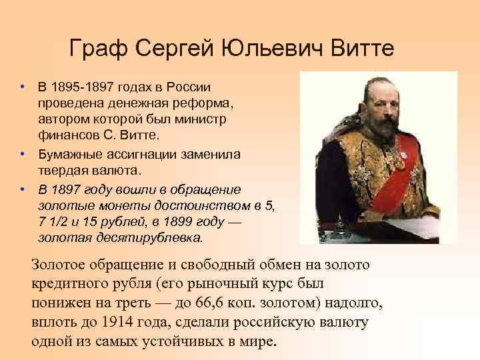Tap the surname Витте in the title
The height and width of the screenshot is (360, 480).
359,49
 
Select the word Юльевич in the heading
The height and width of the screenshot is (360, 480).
263,49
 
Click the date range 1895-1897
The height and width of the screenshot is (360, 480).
83,88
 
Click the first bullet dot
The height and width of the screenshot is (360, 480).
22,88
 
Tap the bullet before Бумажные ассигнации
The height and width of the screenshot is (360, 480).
22,153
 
